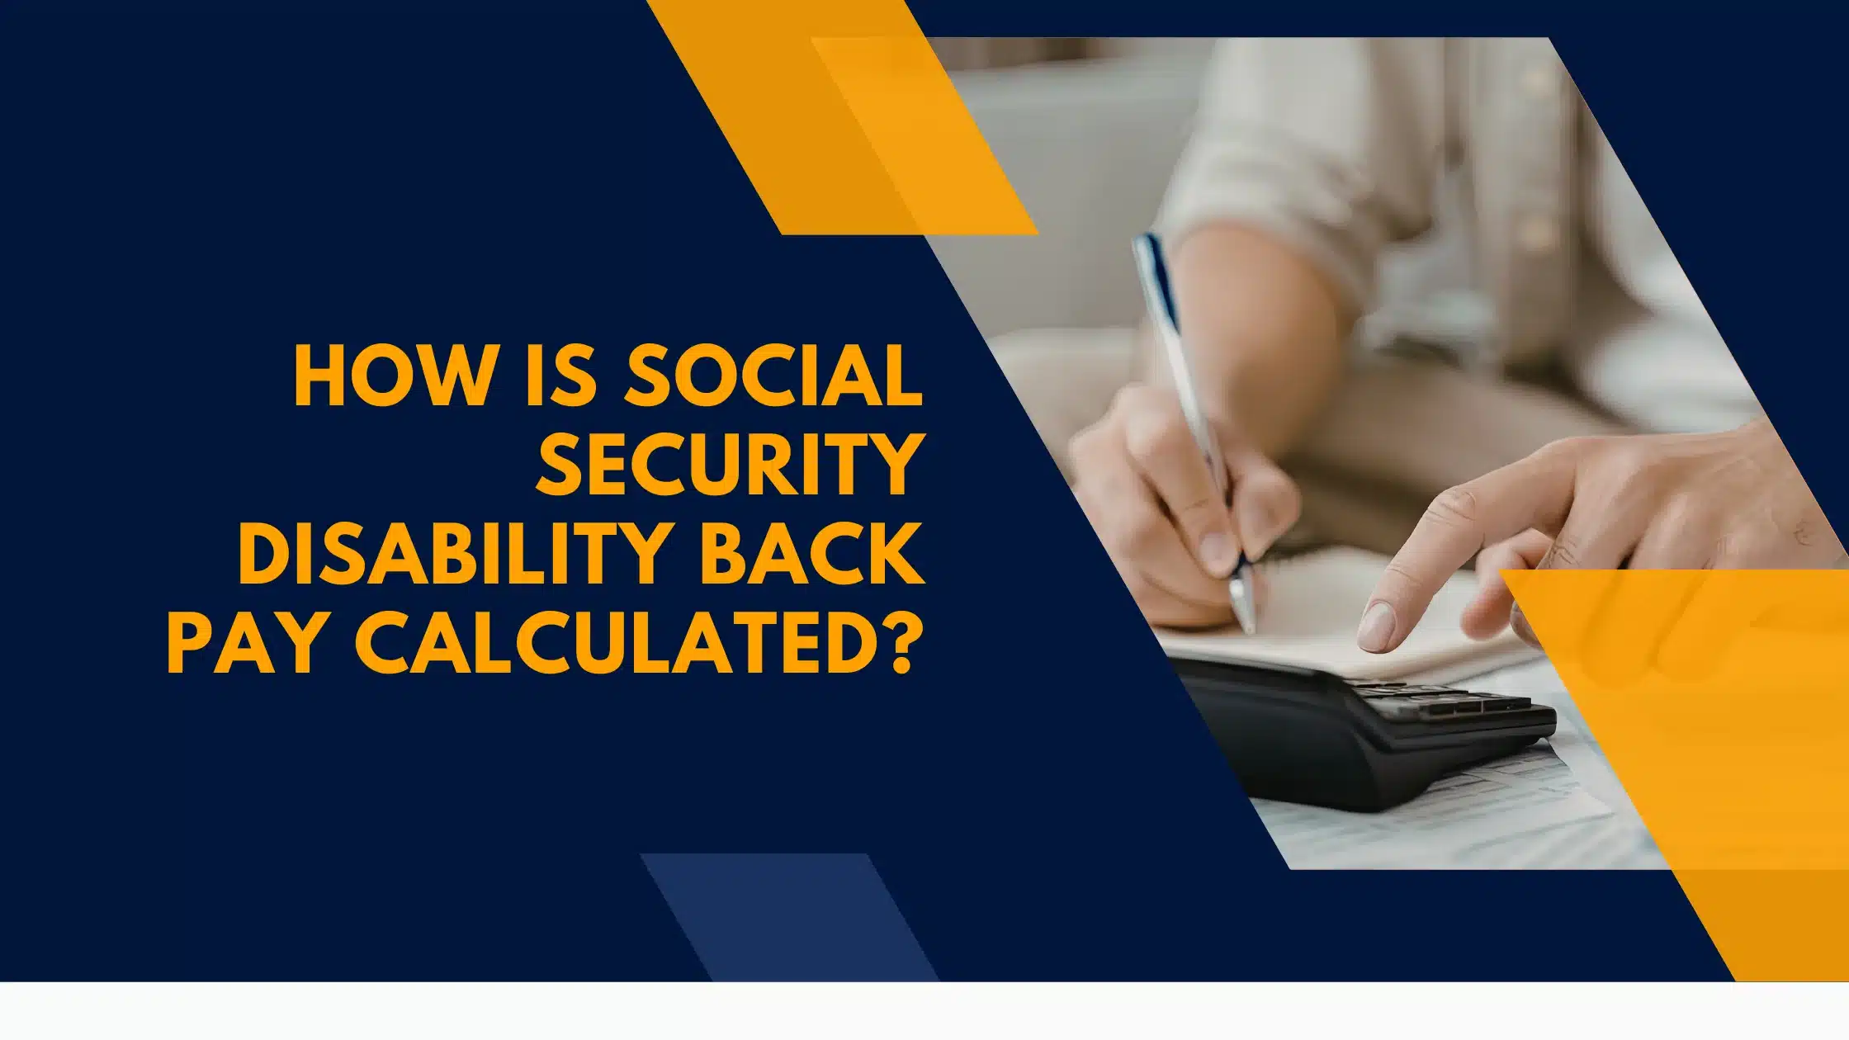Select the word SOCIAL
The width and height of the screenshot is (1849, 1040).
pyautogui.click(x=774, y=376)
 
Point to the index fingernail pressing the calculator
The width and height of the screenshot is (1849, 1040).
pyautogui.click(x=1375, y=625)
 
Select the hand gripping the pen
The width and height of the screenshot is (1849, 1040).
pyautogui.click(x=1180, y=503)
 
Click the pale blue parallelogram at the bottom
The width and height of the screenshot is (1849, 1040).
pyautogui.click(x=789, y=917)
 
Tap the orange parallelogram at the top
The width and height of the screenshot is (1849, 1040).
pyautogui.click(x=842, y=117)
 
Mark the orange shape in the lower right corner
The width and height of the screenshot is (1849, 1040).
pyautogui.click(x=1684, y=768)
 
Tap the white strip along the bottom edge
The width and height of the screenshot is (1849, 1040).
pyautogui.click(x=924, y=1011)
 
